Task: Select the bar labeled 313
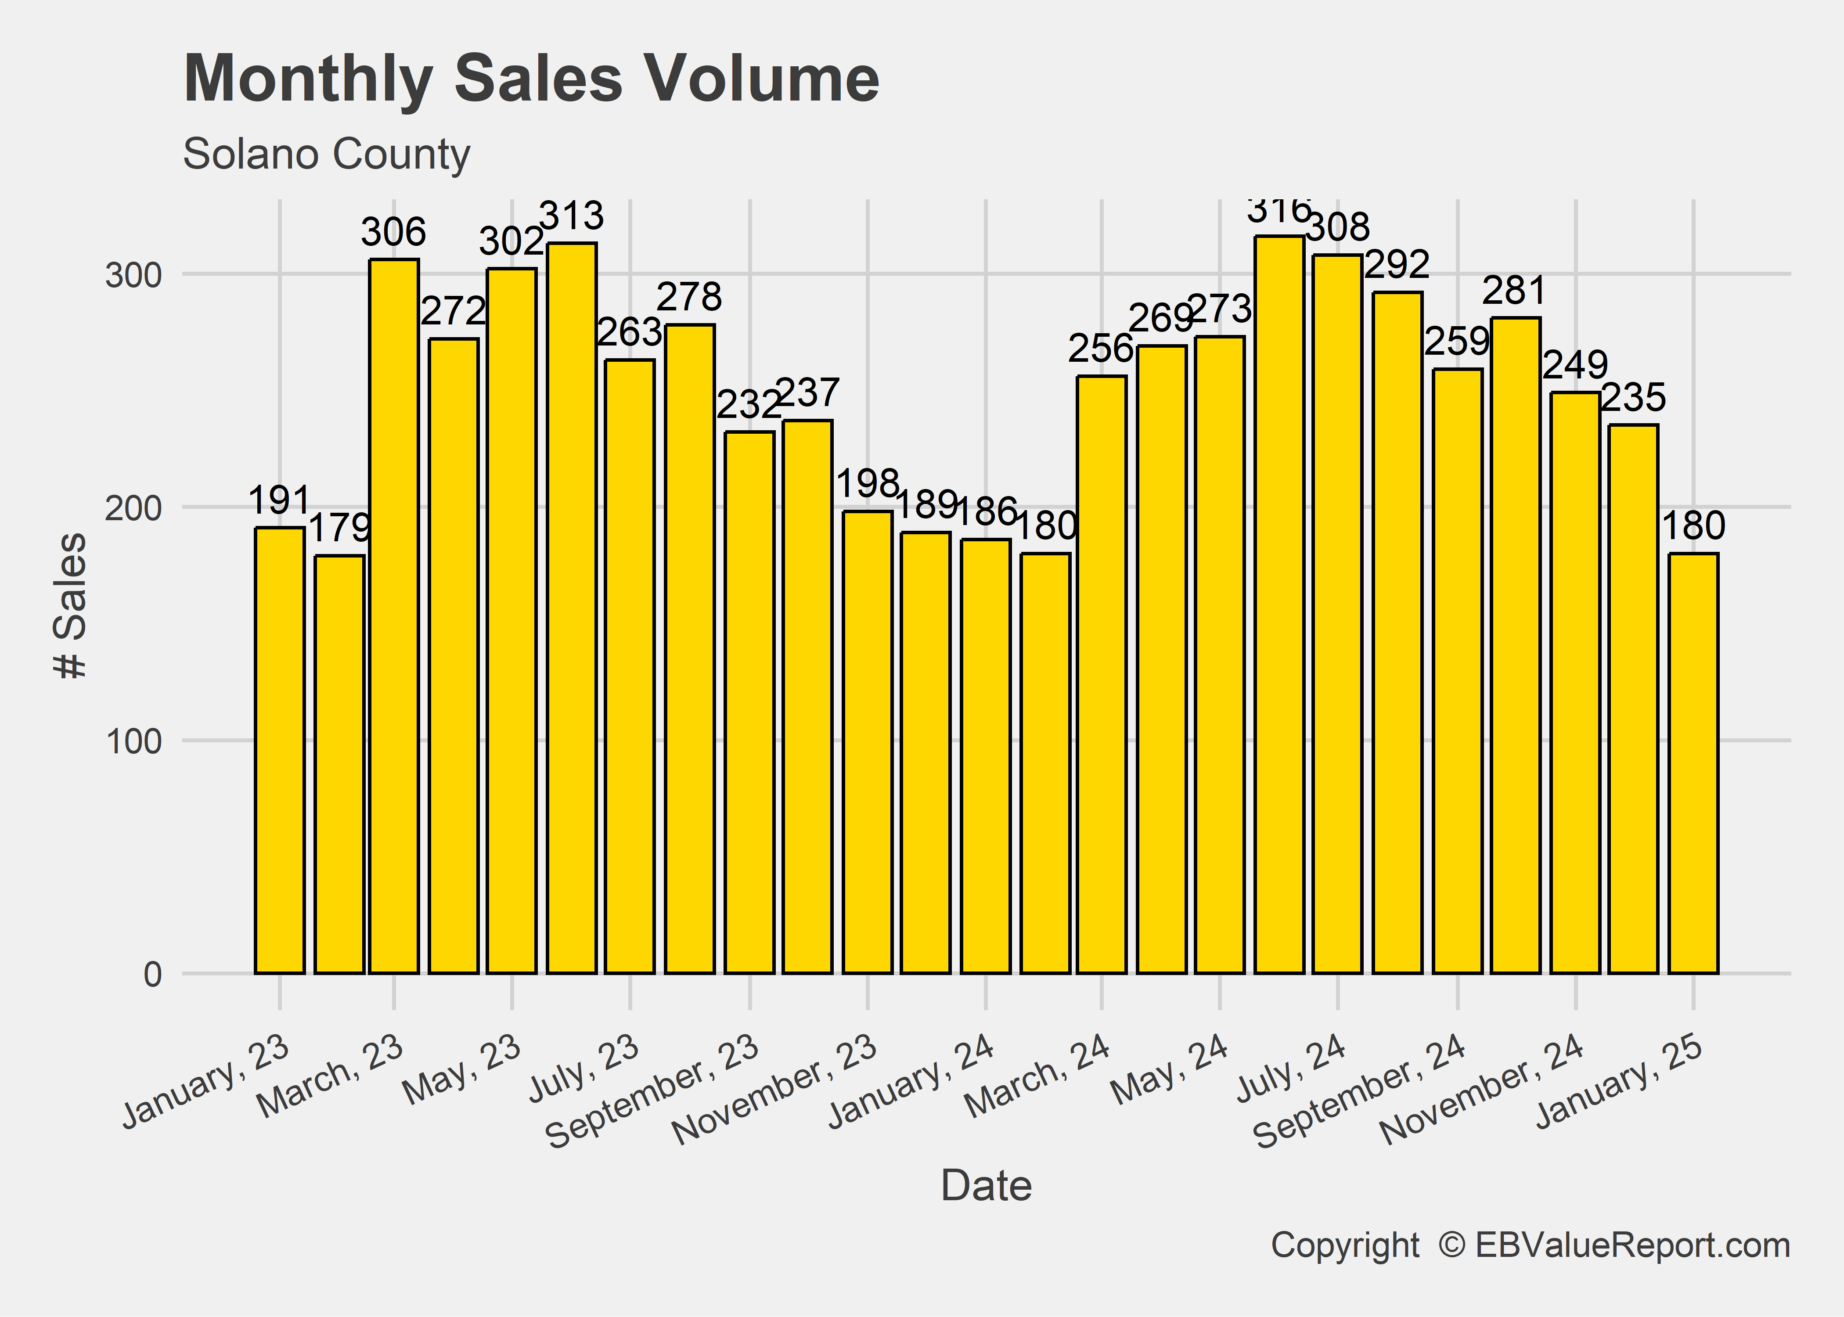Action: click(x=572, y=608)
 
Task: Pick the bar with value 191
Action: click(x=280, y=750)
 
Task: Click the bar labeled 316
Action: click(x=1279, y=604)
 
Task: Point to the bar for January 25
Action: click(x=1693, y=762)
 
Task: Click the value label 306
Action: click(x=393, y=233)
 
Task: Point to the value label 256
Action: click(x=1100, y=349)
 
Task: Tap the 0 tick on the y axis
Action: click(x=152, y=974)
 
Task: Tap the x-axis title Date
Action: click(x=986, y=1186)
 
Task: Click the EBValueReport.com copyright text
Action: click(x=1530, y=1245)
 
